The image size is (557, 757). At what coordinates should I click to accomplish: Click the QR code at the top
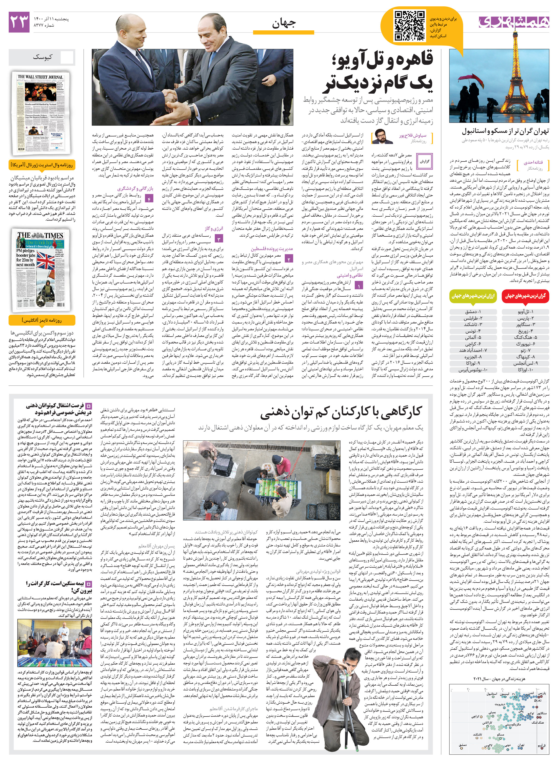pyautogui.click(x=410, y=26)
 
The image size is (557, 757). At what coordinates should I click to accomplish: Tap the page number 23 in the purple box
pyautogui.click(x=19, y=22)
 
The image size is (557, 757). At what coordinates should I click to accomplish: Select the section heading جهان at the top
pyautogui.click(x=284, y=23)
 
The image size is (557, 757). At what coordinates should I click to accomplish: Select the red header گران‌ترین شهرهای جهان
pyautogui.click(x=525, y=296)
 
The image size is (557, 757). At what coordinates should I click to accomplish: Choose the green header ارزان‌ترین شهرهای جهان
pyautogui.click(x=473, y=296)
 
